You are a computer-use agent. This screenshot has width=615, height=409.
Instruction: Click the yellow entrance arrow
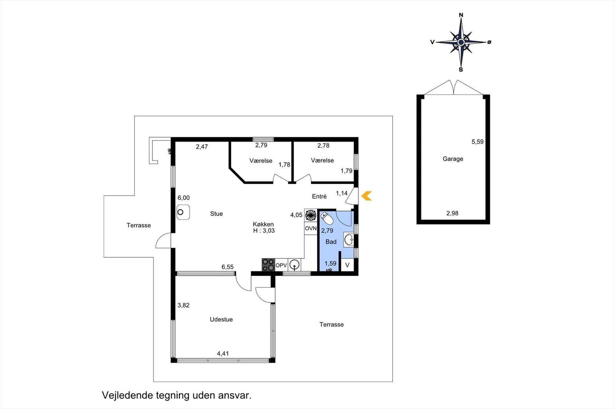(366, 196)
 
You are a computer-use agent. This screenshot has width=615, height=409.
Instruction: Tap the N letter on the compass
(461, 15)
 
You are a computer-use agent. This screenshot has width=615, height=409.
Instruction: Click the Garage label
(453, 159)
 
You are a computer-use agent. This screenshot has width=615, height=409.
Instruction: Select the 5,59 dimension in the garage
(477, 142)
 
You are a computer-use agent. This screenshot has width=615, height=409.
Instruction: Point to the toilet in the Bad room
(327, 219)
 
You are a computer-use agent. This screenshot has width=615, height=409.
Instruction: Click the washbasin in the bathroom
(349, 240)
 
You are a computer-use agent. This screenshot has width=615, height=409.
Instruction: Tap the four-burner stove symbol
(268, 265)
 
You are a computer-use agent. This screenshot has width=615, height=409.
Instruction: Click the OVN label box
(311, 228)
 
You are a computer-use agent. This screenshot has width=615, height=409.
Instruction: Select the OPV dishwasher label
(281, 265)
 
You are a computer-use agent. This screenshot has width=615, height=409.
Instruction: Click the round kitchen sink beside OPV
(294, 265)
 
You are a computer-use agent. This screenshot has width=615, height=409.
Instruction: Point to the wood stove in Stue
(183, 212)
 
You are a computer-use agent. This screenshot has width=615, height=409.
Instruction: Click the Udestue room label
(221, 319)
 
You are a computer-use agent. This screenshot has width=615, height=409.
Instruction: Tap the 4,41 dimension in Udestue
(223, 353)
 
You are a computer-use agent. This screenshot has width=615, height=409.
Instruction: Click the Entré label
(319, 196)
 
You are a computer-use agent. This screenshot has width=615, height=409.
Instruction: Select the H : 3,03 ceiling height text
(264, 231)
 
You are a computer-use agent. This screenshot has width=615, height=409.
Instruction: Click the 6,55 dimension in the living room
(227, 267)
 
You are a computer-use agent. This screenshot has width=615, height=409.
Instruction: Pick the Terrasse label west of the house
(138, 225)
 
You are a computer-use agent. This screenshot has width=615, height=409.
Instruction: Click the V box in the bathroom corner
(347, 265)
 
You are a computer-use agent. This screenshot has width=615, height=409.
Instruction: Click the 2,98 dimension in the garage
(452, 213)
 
